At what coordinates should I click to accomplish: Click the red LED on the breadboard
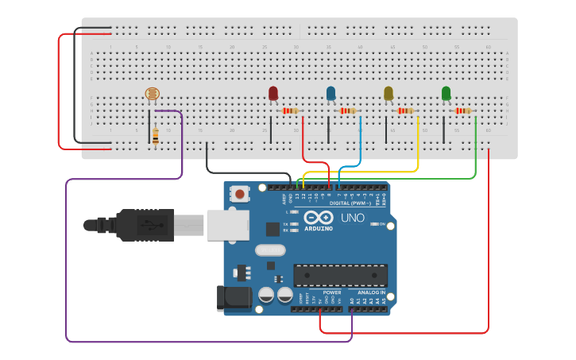tap(273, 94)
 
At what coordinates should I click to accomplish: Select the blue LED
tap(331, 94)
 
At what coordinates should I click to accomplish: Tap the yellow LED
tap(389, 94)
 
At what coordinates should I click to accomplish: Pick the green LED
tap(446, 94)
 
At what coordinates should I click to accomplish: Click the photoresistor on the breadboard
tap(152, 95)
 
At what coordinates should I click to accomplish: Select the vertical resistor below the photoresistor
tap(155, 137)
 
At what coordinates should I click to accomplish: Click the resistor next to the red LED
tap(291, 111)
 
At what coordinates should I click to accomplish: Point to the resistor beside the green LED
tap(463, 111)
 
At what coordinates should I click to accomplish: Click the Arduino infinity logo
tap(318, 218)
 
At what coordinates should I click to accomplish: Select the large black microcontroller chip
tap(341, 275)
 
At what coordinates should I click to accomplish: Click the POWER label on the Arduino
tap(332, 292)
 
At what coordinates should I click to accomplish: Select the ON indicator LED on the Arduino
tap(374, 224)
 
